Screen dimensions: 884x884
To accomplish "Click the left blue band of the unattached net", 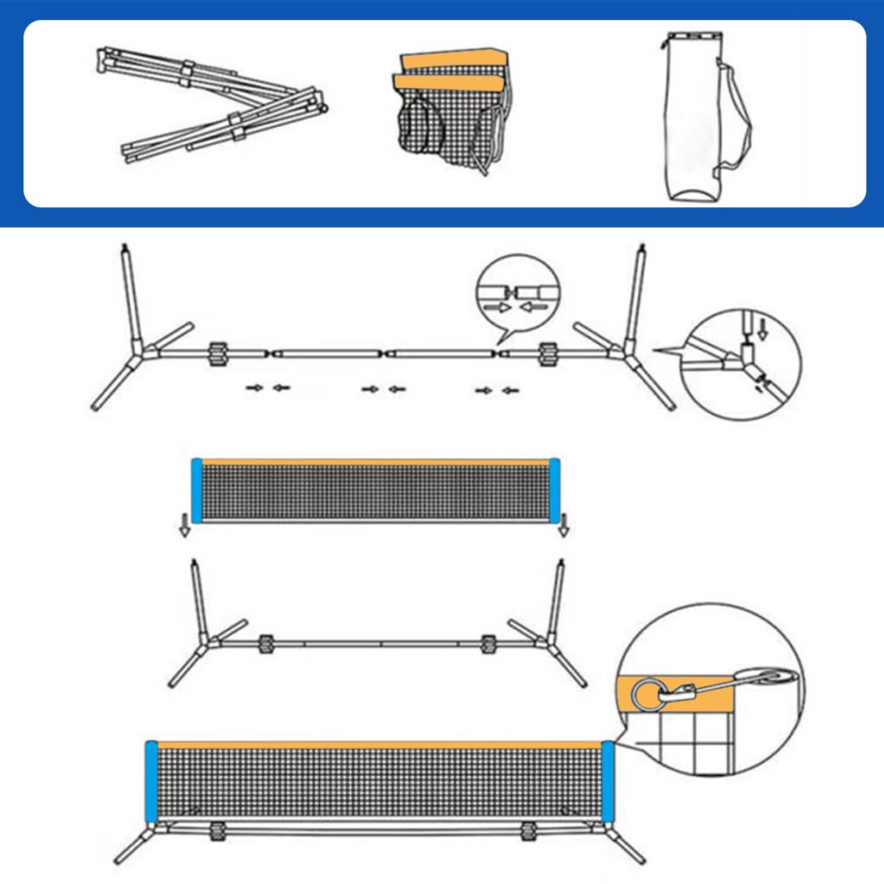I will click(x=196, y=490).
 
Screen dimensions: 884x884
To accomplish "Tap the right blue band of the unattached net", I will click(x=554, y=490).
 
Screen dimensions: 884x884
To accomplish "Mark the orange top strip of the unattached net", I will click(x=376, y=462).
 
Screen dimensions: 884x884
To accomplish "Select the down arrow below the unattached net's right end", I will click(x=563, y=528).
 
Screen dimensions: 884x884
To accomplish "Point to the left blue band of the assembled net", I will click(x=151, y=781).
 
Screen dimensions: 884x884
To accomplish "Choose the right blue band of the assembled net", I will click(x=609, y=781).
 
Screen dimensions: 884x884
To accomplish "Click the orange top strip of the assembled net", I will click(x=380, y=745).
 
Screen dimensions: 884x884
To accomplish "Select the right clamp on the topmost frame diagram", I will click(x=547, y=354).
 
